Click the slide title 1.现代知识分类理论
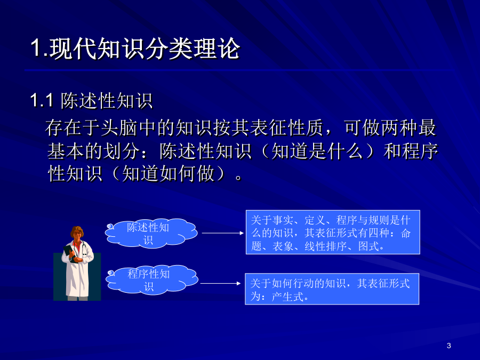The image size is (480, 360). click(x=135, y=49)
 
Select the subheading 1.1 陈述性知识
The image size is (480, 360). click(x=91, y=100)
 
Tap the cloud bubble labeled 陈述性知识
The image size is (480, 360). click(x=151, y=233)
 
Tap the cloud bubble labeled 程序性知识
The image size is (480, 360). click(x=151, y=280)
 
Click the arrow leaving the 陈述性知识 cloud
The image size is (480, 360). click(x=222, y=233)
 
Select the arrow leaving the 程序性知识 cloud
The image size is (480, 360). click(x=221, y=284)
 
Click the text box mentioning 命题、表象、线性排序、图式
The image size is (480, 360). click(x=333, y=232)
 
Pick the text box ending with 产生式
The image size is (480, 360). click(x=332, y=289)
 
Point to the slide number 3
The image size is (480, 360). click(x=449, y=346)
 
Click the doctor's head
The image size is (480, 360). click(x=77, y=234)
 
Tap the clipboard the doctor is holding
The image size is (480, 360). click(x=70, y=253)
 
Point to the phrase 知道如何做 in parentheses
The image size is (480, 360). click(x=168, y=173)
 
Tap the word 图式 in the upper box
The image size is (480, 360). click(x=369, y=246)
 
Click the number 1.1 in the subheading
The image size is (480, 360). click(x=42, y=100)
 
